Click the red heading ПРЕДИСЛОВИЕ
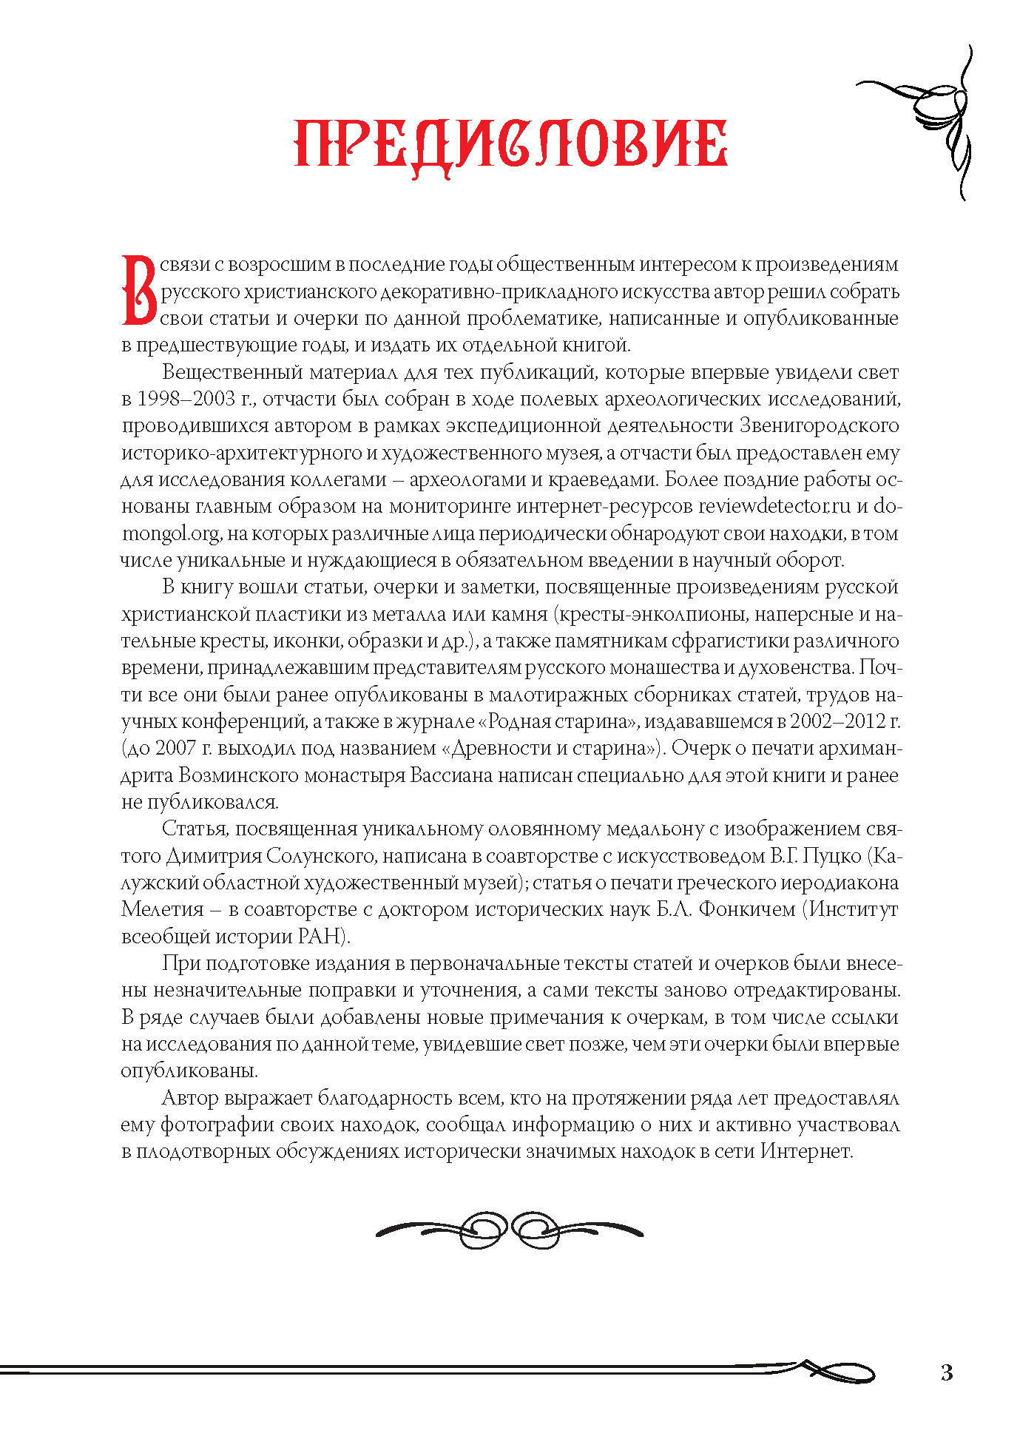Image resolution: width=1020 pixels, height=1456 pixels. pos(510,144)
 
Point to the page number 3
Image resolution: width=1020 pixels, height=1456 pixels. pos(947,1372)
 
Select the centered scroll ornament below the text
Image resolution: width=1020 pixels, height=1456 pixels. pos(510,1230)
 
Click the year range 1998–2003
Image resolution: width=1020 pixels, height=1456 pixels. pos(183,399)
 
